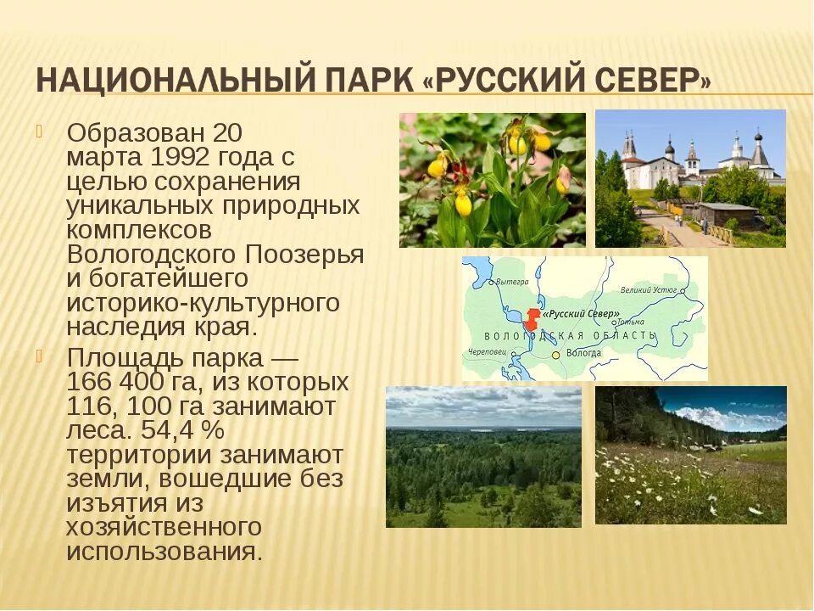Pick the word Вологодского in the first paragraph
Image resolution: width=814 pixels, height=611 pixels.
pos(153,255)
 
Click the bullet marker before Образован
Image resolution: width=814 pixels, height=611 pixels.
pos(38,132)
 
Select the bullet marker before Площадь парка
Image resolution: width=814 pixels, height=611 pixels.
pos(38,356)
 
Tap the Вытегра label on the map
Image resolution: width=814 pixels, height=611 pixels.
pos(512,282)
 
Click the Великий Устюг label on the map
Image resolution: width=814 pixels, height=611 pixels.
pos(648,290)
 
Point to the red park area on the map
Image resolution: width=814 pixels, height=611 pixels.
pos(532,320)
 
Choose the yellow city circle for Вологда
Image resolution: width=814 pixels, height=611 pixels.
pos(556,354)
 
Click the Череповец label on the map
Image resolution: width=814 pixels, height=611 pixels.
pos(487,351)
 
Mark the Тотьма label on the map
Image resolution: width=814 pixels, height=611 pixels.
pos(630,322)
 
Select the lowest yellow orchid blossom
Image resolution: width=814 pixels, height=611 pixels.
pos(463,204)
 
